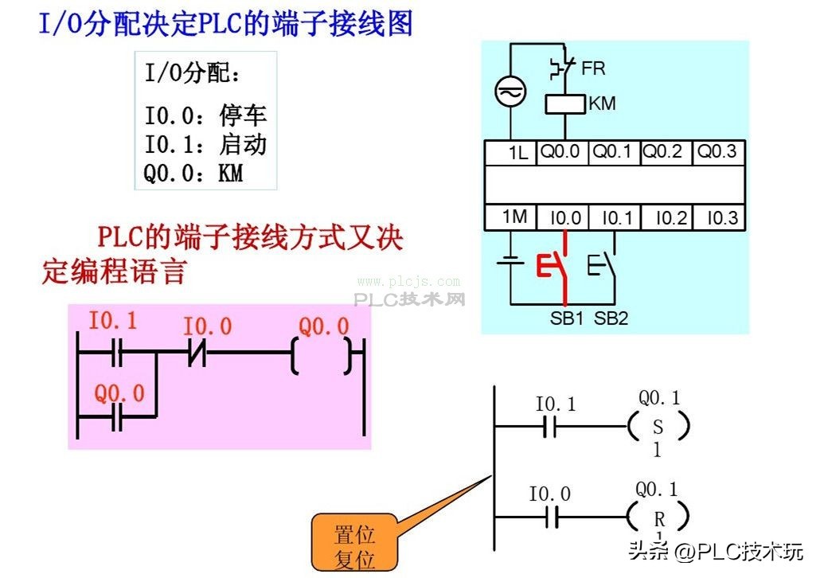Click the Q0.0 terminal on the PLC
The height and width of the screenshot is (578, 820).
tap(560, 152)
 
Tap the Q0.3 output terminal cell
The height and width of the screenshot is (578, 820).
tap(717, 152)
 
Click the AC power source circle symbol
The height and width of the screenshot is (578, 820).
tap(510, 92)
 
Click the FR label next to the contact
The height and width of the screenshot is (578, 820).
tap(593, 68)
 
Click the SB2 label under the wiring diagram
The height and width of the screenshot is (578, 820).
tap(611, 319)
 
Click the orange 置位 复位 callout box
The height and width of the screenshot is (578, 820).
tap(354, 545)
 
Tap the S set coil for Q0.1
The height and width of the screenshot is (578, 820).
tap(658, 427)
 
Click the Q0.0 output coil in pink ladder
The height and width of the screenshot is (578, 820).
tap(321, 354)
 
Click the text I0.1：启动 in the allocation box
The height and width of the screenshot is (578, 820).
tap(205, 145)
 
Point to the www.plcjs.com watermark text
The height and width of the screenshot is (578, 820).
tap(408, 281)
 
